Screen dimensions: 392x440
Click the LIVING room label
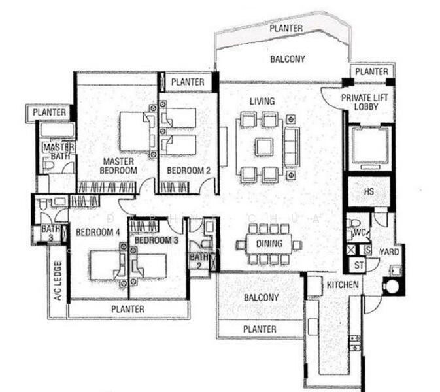pos(262,101)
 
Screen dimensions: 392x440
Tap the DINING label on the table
pos(269,244)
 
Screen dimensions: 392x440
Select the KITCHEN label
pos(343,285)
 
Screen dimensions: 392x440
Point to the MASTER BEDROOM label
pos(118,166)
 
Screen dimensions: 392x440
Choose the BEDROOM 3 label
pos(156,240)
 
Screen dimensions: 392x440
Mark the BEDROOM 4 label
pos(97,232)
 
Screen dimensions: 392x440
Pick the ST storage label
pos(358,265)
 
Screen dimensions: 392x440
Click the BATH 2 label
pos(199,261)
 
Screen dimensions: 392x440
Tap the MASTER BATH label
pos(58,152)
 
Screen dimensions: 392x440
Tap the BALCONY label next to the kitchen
pos(261,298)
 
